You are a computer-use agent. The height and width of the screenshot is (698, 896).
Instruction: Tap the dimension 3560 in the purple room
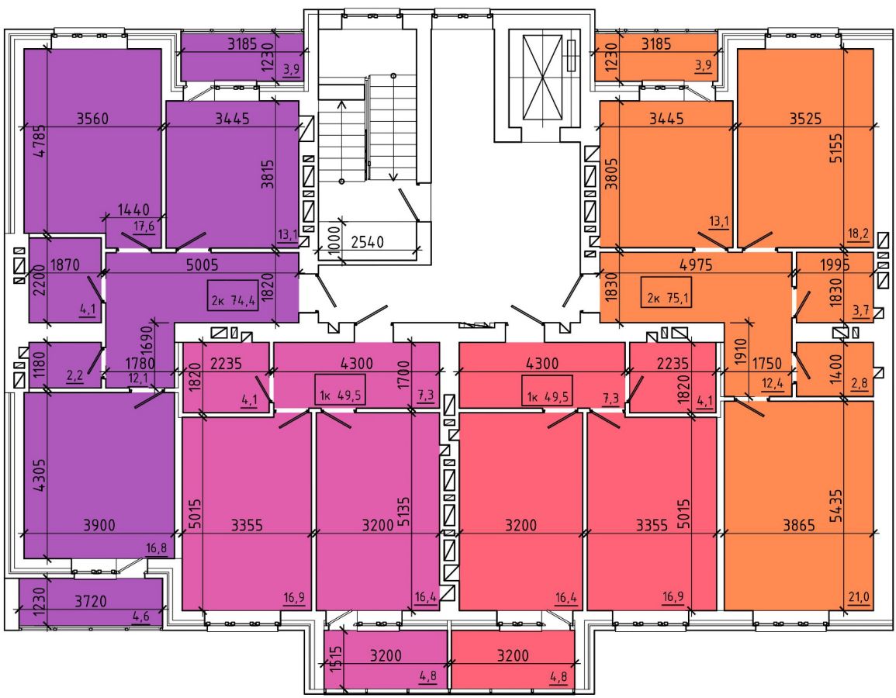pyautogui.click(x=92, y=119)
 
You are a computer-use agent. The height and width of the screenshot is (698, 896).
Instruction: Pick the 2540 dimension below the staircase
pyautogui.click(x=368, y=242)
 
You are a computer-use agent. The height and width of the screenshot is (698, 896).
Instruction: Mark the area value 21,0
pyautogui.click(x=859, y=597)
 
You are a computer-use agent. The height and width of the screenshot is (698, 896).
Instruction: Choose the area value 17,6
pyautogui.click(x=144, y=226)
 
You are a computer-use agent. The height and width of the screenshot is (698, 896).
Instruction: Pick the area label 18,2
pyautogui.click(x=859, y=233)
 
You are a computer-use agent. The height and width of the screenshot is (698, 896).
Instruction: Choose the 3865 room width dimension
pyautogui.click(x=799, y=525)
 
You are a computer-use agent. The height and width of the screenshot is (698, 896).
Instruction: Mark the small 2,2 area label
pyautogui.click(x=74, y=375)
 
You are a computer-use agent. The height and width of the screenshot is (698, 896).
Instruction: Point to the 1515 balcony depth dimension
pyautogui.click(x=336, y=658)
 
